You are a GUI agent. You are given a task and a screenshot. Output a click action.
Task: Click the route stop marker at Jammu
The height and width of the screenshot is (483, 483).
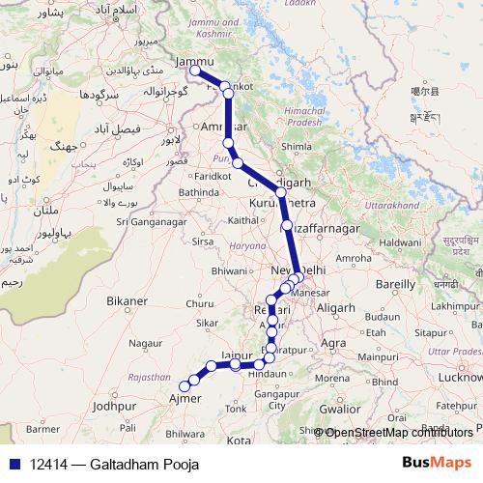click(x=195, y=71)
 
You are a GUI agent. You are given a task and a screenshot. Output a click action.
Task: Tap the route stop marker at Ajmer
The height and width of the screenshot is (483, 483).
click(x=185, y=387)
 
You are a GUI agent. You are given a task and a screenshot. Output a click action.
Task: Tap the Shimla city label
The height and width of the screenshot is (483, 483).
click(x=294, y=147)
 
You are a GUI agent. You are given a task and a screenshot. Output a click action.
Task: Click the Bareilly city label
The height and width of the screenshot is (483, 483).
click(x=396, y=285)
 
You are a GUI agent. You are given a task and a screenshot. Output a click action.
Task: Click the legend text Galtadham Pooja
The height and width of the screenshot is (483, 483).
click(x=146, y=465)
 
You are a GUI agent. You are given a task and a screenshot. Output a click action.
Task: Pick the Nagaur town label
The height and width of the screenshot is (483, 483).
click(x=147, y=342)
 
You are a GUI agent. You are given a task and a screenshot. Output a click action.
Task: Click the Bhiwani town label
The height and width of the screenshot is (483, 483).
click(x=230, y=271)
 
